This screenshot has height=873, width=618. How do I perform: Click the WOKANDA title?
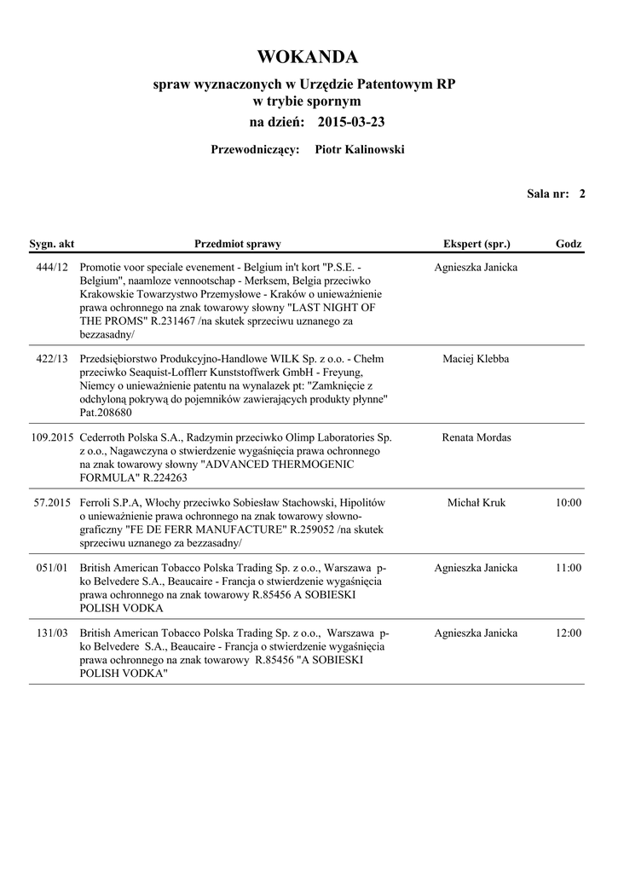[x=307, y=57]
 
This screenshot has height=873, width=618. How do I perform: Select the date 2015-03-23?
[x=350, y=123]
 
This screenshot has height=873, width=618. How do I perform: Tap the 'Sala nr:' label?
[x=547, y=194]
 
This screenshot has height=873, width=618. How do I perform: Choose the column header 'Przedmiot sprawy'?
[x=238, y=245]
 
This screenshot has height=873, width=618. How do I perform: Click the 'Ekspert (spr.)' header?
[x=476, y=245]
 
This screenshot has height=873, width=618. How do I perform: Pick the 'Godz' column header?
[x=569, y=245]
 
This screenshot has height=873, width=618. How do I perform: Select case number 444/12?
[x=52, y=268]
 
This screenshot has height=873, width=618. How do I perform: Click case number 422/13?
[x=52, y=360]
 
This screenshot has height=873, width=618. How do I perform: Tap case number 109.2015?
[x=52, y=438]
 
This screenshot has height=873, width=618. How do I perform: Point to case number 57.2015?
[x=52, y=503]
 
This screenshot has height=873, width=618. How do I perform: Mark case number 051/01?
[x=52, y=569]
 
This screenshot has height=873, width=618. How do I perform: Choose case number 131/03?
[x=52, y=633]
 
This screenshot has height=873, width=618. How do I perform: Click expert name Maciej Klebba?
[x=476, y=360]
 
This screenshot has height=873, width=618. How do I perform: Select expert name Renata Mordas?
[x=476, y=438]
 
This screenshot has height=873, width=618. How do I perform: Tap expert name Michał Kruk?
[x=476, y=503]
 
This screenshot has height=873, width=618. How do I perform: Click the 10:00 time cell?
[x=569, y=503]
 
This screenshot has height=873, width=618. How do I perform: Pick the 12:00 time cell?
[x=569, y=633]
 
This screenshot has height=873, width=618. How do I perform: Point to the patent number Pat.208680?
[x=106, y=413]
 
